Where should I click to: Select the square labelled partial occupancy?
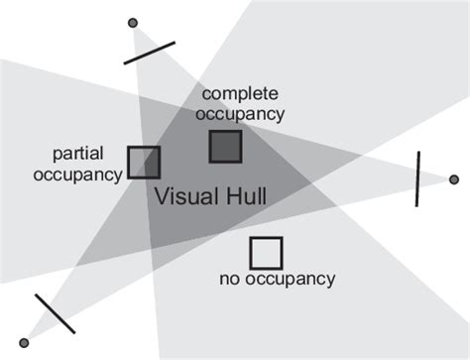click(144, 163)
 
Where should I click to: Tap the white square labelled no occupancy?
click(265, 253)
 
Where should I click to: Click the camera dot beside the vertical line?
click(454, 180)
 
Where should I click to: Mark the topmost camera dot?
click(134, 22)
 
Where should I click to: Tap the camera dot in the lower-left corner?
click(23, 342)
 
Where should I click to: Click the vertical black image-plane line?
click(418, 179)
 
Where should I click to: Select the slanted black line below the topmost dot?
click(150, 53)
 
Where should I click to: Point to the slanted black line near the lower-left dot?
click(54, 312)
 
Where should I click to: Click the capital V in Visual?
click(163, 196)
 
